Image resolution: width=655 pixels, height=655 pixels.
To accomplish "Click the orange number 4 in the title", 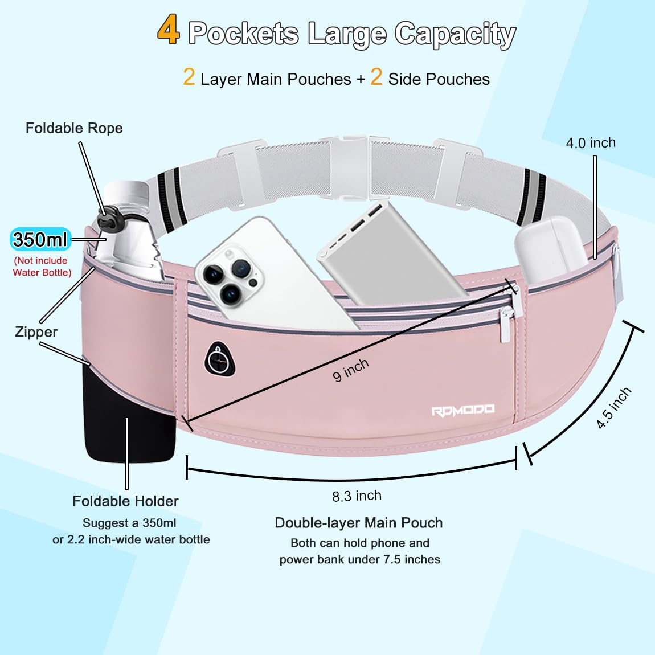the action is pyautogui.click(x=169, y=30).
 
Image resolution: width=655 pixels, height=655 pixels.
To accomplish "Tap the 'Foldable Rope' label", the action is pyautogui.click(x=74, y=128).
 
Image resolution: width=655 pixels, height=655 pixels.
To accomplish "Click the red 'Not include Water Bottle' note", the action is pyautogui.click(x=42, y=267).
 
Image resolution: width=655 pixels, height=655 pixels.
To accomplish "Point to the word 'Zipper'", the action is pyautogui.click(x=36, y=332).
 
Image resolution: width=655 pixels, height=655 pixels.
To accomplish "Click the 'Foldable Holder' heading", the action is pyautogui.click(x=125, y=501).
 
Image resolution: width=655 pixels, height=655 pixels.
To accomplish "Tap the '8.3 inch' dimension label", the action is pyautogui.click(x=357, y=496).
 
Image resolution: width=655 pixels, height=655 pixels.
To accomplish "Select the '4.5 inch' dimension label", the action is pyautogui.click(x=613, y=408).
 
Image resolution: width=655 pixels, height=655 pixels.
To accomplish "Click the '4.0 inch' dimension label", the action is pyautogui.click(x=591, y=143).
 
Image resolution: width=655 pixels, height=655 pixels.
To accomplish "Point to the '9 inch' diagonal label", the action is pyautogui.click(x=351, y=370).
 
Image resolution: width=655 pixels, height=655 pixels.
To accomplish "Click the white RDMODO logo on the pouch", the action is pyautogui.click(x=462, y=411).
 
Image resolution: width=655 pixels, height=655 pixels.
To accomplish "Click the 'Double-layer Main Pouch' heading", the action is pyautogui.click(x=358, y=523).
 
